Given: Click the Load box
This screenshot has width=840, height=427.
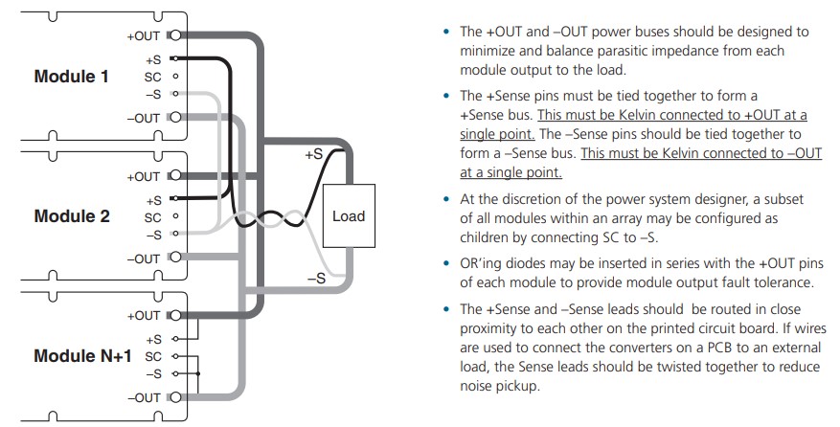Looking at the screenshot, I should pyautogui.click(x=348, y=216).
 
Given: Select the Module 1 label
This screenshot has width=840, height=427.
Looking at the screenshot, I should pyautogui.click(x=72, y=76).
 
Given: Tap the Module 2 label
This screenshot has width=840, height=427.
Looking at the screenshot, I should pyautogui.click(x=72, y=216).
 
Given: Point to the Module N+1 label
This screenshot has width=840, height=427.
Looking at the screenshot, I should pyautogui.click(x=82, y=356).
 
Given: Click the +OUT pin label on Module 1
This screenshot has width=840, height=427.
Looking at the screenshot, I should pyautogui.click(x=144, y=36).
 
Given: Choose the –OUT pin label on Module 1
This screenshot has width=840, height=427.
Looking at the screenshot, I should pyautogui.click(x=144, y=118).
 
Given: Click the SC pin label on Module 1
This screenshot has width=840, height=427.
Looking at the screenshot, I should pyautogui.click(x=152, y=76).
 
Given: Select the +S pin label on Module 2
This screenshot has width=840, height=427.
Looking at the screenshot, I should pyautogui.click(x=153, y=200).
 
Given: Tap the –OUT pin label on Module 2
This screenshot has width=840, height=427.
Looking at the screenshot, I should pyautogui.click(x=144, y=258).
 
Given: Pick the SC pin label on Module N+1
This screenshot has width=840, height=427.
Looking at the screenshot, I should pyautogui.click(x=152, y=356).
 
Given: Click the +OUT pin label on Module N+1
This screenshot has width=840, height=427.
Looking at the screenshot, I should pyautogui.click(x=144, y=315).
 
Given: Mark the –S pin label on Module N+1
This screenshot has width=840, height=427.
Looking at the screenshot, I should pyautogui.click(x=153, y=373).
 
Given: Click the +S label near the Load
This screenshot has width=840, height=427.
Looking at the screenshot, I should pyautogui.click(x=314, y=153).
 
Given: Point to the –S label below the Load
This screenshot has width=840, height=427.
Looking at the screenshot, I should pyautogui.click(x=316, y=279).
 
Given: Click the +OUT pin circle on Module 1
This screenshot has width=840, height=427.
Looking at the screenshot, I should pyautogui.click(x=173, y=36).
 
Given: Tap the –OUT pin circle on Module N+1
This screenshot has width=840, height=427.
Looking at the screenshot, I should pyautogui.click(x=173, y=397).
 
